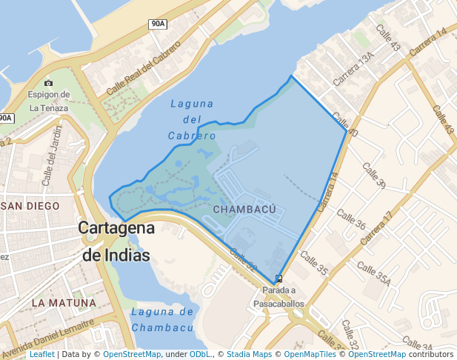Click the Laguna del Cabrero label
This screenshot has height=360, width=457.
192,119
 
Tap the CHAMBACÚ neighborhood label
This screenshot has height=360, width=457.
244,210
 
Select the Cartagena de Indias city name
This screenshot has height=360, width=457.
117,241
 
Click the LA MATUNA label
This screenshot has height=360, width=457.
64,303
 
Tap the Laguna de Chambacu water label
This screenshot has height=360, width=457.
161,320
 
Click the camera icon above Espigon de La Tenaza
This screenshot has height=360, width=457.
49,83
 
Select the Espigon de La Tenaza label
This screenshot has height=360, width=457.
49,101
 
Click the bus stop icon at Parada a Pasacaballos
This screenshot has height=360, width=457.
278,279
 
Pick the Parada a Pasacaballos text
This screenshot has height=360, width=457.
278,297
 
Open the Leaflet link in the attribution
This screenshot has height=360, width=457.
42,355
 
